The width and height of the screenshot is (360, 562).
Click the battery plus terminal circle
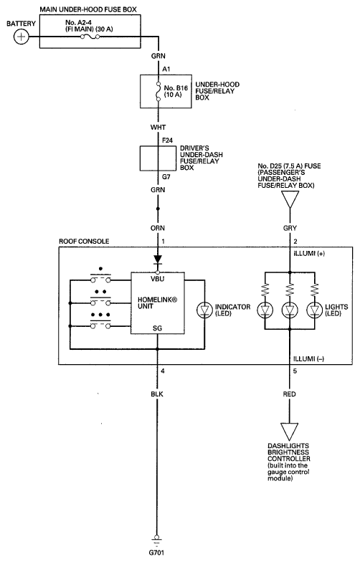tap(22, 37)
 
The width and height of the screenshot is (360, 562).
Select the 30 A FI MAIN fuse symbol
tap(90, 37)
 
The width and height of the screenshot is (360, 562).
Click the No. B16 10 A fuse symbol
tap(158, 91)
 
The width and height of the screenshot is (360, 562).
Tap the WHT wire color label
tap(158, 128)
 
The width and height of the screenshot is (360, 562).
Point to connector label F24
tap(167, 140)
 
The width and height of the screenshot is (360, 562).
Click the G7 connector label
tap(166, 177)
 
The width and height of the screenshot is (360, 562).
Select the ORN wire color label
tap(158, 228)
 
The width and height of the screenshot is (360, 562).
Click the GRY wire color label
tap(290, 228)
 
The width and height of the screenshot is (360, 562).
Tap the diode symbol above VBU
tap(158, 259)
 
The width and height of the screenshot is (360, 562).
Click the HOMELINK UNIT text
tap(158, 303)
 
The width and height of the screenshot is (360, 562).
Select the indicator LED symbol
tap(204, 310)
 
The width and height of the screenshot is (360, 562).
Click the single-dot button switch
tap(100, 277)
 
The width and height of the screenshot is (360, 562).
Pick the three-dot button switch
tap(100, 323)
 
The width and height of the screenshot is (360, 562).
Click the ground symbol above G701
tap(156, 540)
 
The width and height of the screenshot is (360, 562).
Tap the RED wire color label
tap(290, 394)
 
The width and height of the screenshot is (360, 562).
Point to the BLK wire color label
tap(157, 394)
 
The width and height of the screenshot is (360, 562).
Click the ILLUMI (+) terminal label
tap(309, 254)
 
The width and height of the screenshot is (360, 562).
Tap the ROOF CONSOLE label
tap(84, 241)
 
